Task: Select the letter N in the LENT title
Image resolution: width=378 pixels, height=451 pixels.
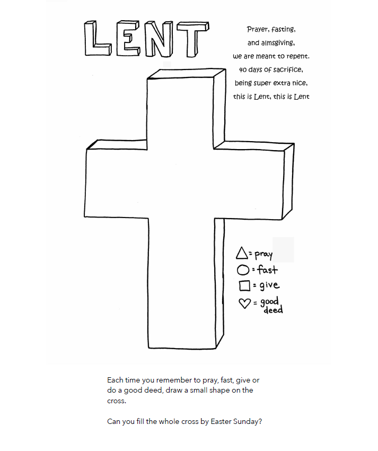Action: tap(161, 40)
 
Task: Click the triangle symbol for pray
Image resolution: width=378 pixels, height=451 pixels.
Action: tap(242, 254)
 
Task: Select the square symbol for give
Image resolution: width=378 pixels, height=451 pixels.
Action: tap(244, 286)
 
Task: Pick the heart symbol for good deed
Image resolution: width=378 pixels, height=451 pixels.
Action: tap(245, 303)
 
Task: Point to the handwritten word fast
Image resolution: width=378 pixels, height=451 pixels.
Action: tap(268, 270)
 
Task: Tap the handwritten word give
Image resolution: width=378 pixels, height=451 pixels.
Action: tap(269, 286)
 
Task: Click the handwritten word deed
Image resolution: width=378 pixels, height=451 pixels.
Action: tap(273, 310)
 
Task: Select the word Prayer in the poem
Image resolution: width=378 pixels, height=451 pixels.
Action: tap(258, 30)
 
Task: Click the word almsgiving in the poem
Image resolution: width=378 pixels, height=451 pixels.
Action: tap(278, 43)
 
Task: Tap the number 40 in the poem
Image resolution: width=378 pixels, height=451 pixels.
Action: tap(243, 70)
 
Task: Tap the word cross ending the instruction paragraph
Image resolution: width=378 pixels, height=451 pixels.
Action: tap(117, 401)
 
